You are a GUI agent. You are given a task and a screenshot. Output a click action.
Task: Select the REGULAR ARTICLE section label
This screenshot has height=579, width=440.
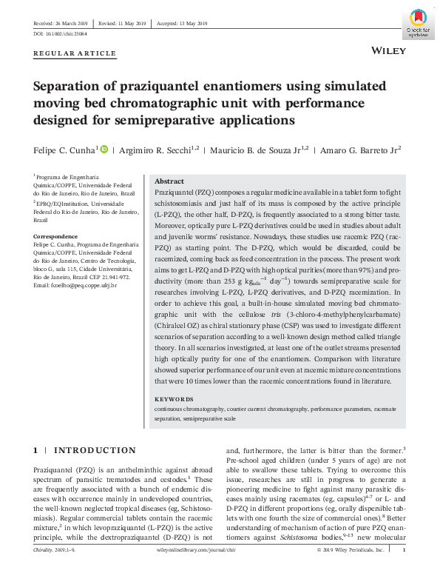point(75,53)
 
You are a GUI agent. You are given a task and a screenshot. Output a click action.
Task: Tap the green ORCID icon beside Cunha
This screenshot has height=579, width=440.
point(104,149)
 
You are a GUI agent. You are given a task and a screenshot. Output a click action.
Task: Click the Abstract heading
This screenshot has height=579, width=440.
point(169,181)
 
